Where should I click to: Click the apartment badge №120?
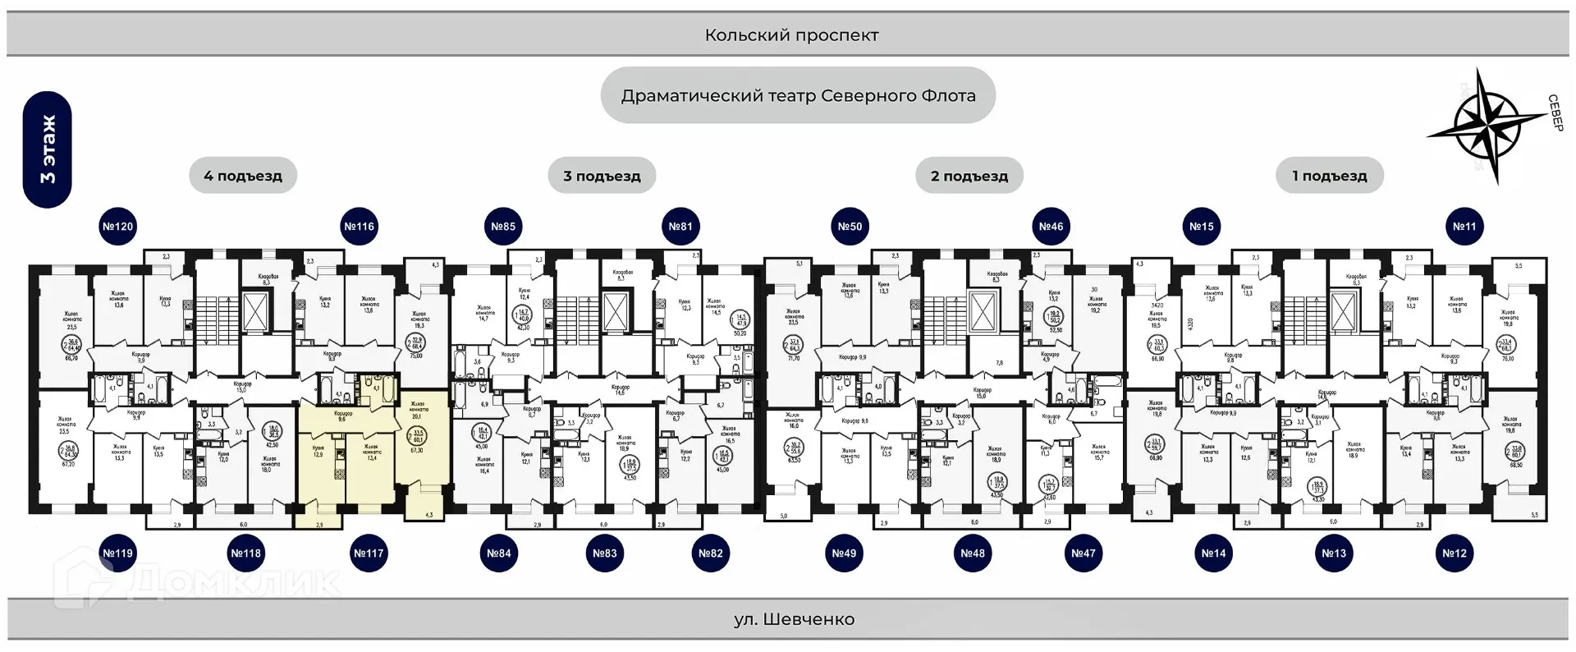click(117, 227)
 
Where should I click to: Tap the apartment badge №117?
click(369, 553)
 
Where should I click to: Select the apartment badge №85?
click(503, 227)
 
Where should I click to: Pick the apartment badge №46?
click(1051, 227)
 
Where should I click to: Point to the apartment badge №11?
click(1464, 227)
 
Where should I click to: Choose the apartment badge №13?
click(1334, 553)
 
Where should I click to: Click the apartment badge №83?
click(605, 553)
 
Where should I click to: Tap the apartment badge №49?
click(844, 553)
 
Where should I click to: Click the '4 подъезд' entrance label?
click(243, 176)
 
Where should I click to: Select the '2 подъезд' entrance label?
click(969, 176)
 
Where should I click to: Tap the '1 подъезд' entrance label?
click(1330, 176)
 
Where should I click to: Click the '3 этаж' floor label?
click(48, 149)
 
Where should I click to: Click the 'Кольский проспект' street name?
click(791, 35)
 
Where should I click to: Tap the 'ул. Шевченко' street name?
click(794, 619)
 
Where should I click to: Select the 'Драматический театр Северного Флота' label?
click(798, 96)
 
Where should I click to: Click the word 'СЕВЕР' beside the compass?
click(1555, 113)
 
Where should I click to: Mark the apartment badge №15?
click(1202, 227)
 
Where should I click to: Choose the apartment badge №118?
click(245, 553)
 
